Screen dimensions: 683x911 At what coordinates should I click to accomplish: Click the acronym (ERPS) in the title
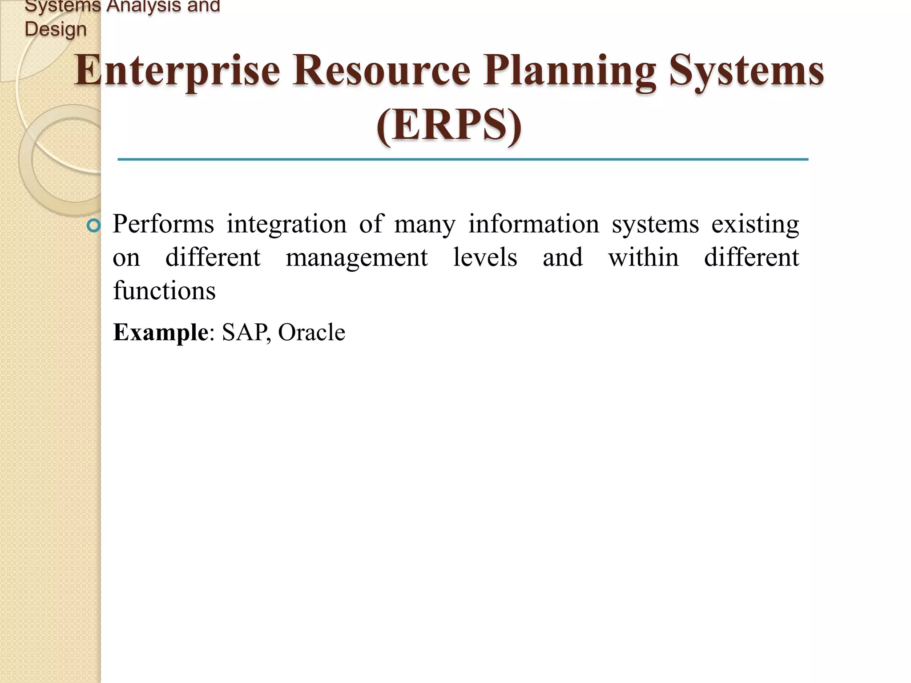click(x=449, y=125)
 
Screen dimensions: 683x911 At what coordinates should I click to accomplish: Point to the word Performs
click(x=163, y=224)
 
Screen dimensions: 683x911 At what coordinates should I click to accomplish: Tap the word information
click(x=533, y=224)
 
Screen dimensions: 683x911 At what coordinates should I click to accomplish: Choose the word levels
click(x=485, y=257)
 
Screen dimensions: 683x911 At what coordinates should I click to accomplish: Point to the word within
click(x=643, y=257)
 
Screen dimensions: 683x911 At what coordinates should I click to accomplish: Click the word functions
click(x=164, y=291)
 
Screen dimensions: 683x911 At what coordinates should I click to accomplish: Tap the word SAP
click(x=245, y=333)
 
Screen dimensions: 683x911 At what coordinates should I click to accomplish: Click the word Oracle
click(x=311, y=333)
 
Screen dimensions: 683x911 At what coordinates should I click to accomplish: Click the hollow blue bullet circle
click(x=94, y=226)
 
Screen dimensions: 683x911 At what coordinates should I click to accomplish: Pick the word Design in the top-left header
click(x=56, y=29)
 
